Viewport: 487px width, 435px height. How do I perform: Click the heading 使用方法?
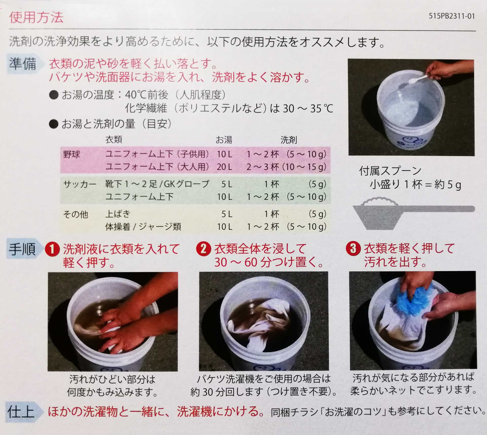tap(36, 18)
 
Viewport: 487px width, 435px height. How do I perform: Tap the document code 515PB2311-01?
tap(451, 16)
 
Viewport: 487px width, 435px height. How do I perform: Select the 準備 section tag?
tap(24, 64)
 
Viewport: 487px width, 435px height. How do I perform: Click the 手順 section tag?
tap(24, 249)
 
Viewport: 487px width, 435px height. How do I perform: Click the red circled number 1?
tap(52, 249)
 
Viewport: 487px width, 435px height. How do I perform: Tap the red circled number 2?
tap(203, 249)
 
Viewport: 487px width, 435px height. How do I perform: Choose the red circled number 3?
tap(353, 248)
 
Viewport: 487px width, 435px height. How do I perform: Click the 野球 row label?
tap(72, 154)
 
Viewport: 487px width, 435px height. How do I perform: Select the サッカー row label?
tap(80, 184)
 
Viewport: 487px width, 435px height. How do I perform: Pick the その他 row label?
tap(76, 214)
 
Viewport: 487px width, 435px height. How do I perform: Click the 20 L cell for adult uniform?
tap(224, 167)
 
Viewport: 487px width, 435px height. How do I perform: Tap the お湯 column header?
tap(224, 140)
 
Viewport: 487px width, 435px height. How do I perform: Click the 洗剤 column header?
tap(289, 140)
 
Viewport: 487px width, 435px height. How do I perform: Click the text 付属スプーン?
tap(390, 171)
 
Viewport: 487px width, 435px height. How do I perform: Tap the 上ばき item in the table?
tap(118, 214)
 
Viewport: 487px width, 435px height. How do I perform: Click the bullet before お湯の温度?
tap(54, 95)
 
